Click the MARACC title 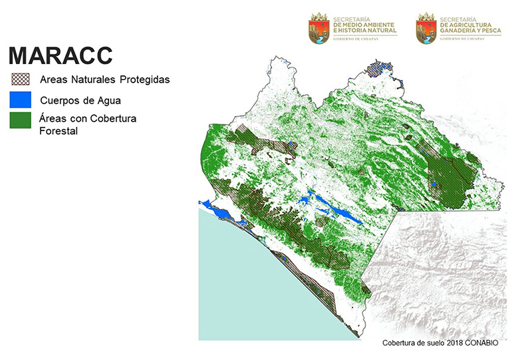point(61,55)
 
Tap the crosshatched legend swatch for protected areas point(21,79)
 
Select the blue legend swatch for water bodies point(21,100)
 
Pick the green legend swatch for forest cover point(21,120)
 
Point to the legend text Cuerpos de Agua point(80,100)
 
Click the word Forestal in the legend point(59,131)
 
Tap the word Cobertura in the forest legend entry point(113,118)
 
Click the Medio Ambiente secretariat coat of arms point(319,28)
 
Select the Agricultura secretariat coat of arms point(426,28)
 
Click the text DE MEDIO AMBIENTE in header point(364,25)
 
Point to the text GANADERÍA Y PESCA point(471,30)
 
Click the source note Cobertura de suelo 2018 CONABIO point(440,343)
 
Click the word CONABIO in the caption point(481,343)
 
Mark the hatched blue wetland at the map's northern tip point(379,69)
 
